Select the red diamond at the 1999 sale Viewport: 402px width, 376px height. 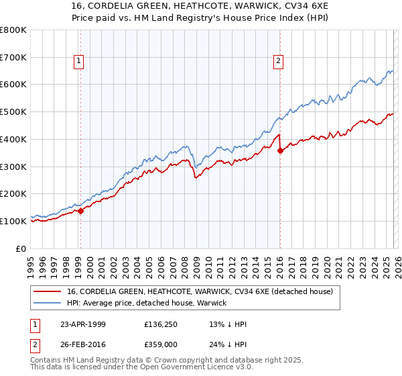[x=80, y=211]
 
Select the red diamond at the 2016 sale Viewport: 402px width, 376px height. [x=280, y=150]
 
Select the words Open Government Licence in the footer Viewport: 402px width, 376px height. [x=200, y=367]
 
